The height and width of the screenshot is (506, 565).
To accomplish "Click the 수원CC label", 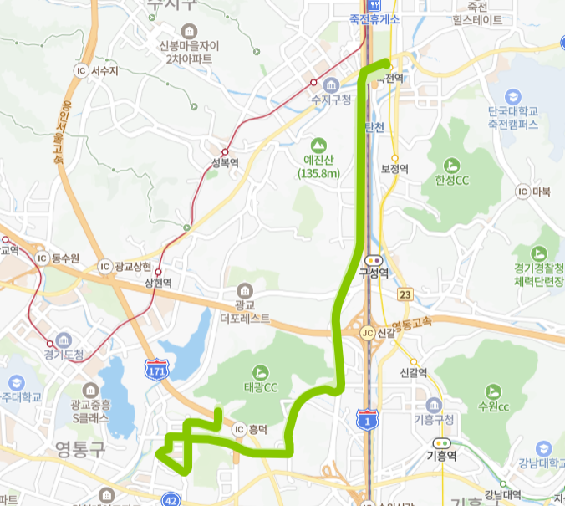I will (x=493, y=406).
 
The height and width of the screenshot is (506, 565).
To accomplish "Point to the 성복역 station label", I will (x=225, y=163).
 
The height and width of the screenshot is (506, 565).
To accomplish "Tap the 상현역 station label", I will (x=158, y=284).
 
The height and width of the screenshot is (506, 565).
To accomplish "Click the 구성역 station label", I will (x=374, y=272).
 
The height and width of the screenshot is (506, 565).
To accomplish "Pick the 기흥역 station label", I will (x=440, y=457).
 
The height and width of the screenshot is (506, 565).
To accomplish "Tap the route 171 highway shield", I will (x=155, y=369).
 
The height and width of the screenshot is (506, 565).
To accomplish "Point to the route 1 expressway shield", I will (x=366, y=421).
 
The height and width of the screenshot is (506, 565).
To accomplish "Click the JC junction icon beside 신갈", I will (x=366, y=332).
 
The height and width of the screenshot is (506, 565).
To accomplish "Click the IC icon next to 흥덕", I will (x=240, y=429).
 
